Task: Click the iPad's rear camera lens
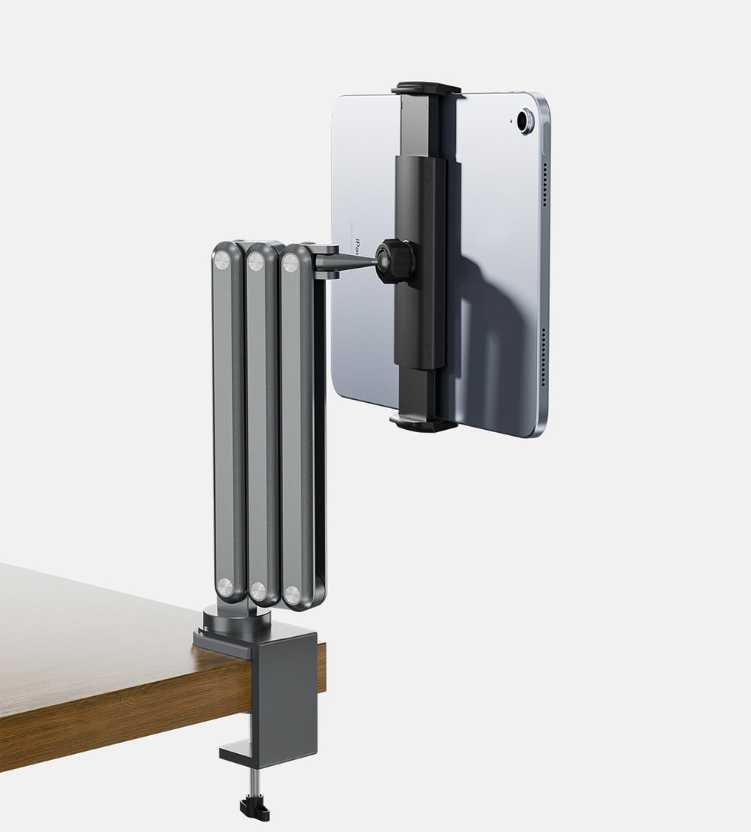coord(525,120)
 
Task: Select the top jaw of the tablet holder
coord(425,88)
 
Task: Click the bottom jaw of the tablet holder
coord(424,425)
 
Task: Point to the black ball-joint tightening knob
coord(395,260)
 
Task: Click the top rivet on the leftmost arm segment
coord(222,260)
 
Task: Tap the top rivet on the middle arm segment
coord(256,261)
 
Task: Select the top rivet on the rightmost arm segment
coord(290,263)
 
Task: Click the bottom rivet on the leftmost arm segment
coord(225,587)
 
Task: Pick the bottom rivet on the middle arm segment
coord(258,590)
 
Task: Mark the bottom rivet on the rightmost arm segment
coord(291,596)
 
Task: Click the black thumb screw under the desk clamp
coord(255,808)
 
